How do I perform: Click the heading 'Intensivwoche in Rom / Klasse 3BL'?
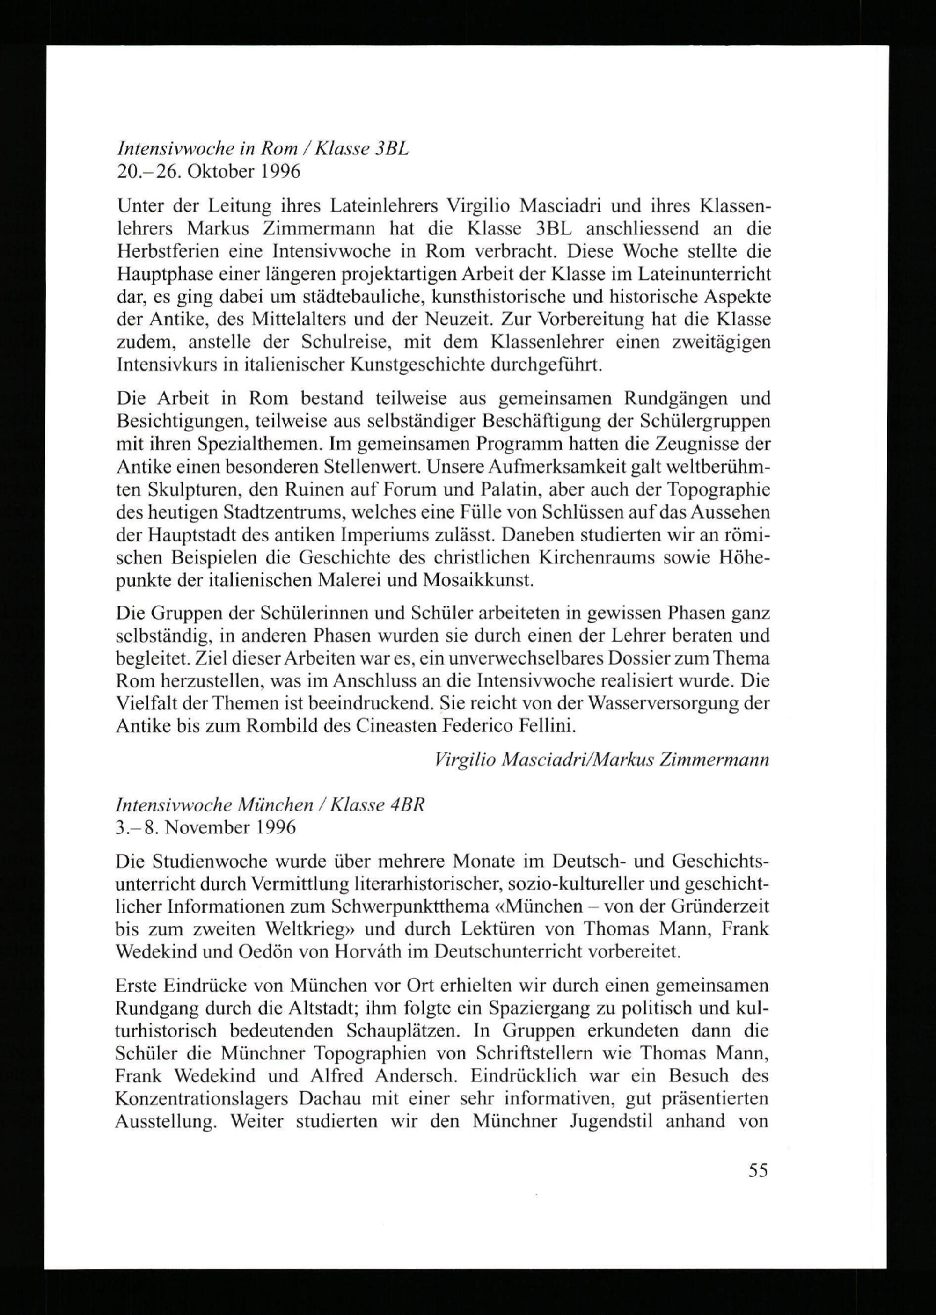point(262,149)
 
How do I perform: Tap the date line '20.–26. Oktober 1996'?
point(208,172)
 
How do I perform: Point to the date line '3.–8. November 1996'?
point(206,828)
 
